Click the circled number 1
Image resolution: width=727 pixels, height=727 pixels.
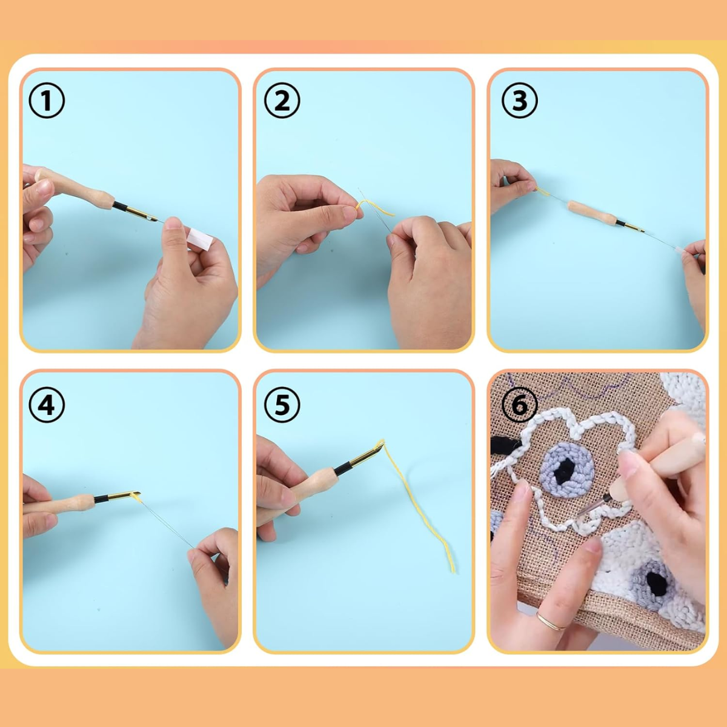(47, 101)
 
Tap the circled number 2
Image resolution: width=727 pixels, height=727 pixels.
(282, 101)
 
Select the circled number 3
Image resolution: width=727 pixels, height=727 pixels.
(519, 101)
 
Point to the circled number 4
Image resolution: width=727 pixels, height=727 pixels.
(47, 405)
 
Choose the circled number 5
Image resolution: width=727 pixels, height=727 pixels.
(282, 405)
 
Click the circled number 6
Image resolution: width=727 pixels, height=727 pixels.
(519, 405)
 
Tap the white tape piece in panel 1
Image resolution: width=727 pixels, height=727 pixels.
(201, 239)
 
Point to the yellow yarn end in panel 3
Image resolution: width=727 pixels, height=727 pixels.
(543, 191)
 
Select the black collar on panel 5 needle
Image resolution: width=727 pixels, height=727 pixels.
(342, 468)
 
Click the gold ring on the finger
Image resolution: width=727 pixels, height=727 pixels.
(550, 622)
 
